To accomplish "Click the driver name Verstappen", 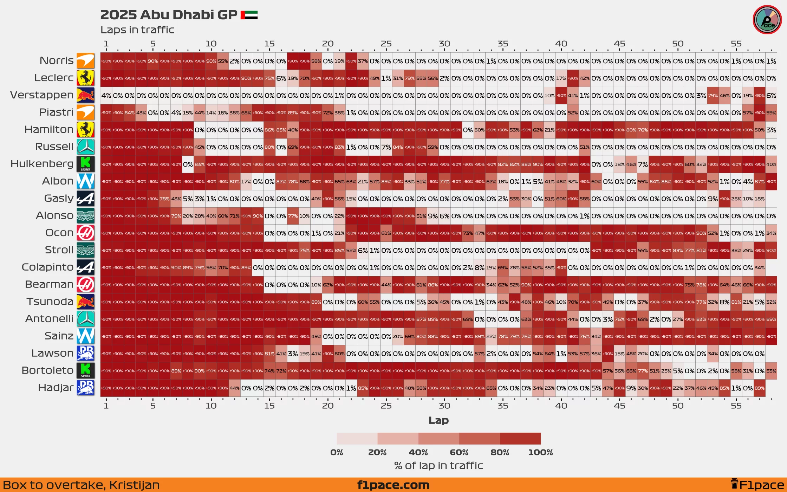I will [42, 95].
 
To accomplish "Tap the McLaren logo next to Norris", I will [85, 61].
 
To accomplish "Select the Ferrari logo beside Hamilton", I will [85, 130].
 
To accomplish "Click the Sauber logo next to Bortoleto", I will [85, 371].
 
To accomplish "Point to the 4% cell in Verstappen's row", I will [106, 96].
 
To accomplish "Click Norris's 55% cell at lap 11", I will [223, 61].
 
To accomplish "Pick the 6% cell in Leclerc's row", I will [281, 78].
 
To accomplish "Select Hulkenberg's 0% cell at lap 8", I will [188, 164].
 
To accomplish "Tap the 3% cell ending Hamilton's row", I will [771, 130].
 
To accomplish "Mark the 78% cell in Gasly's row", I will [164, 199].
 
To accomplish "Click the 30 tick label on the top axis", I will [444, 44].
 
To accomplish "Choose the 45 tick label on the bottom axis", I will [619, 406].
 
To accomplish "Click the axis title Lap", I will [438, 420].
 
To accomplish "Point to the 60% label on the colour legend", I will [459, 452].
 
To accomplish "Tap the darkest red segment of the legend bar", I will [520, 439].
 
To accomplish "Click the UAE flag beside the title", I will [249, 15].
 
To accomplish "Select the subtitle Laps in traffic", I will [137, 30].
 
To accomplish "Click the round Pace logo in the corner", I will [767, 20].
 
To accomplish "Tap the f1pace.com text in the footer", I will [393, 485].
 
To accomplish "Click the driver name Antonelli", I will [50, 319].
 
